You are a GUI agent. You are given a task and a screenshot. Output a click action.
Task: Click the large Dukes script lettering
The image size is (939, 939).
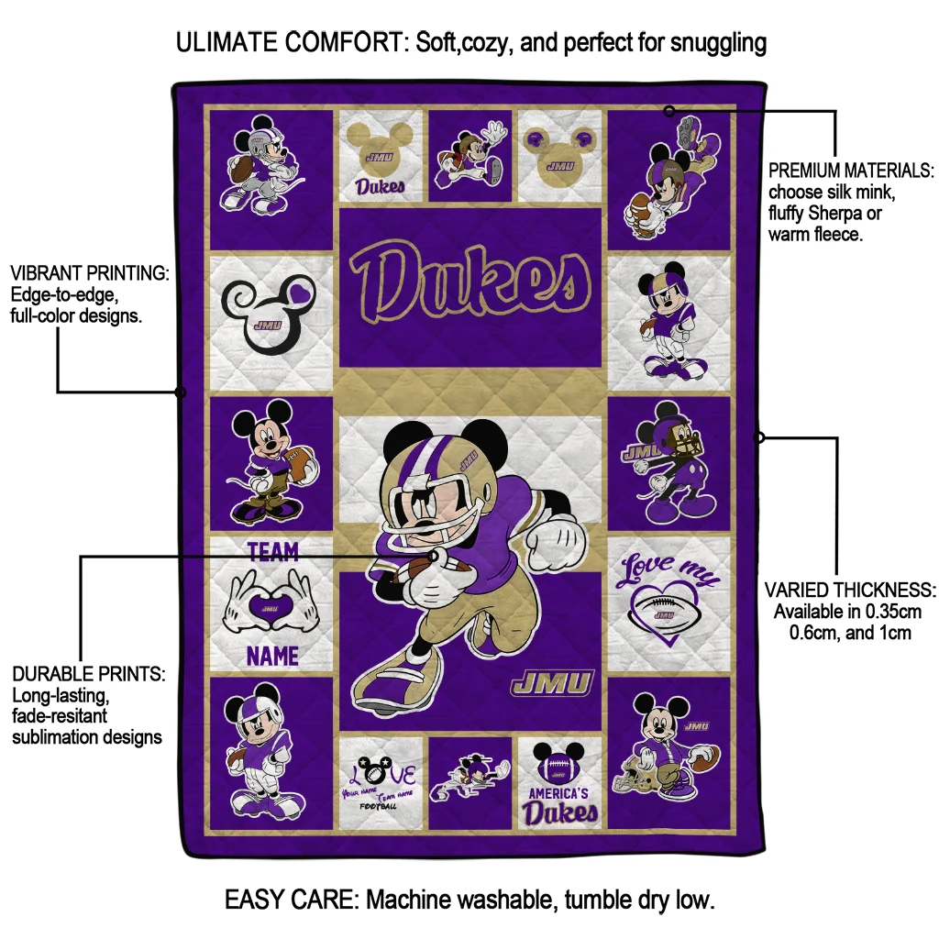coord(469,285)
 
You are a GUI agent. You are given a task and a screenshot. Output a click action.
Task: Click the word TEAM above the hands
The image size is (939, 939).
coord(273,551)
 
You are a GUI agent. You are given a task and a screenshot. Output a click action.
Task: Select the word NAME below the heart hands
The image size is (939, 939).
coord(272,656)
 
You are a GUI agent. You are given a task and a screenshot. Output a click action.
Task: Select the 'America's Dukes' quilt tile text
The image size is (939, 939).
coord(559,803)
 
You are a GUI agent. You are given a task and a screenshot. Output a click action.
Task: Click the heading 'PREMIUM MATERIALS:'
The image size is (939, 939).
coord(851,171)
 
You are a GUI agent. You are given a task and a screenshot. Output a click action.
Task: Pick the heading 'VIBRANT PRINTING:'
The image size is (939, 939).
coord(90,273)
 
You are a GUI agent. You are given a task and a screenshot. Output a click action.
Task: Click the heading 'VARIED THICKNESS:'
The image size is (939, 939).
coord(850,590)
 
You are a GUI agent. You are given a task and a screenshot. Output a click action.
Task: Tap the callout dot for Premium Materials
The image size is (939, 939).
coord(669,111)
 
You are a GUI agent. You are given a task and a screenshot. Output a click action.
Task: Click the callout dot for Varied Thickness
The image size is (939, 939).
coord(759,437)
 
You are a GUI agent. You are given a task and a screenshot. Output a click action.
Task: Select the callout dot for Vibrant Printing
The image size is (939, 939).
coord(181,392)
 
